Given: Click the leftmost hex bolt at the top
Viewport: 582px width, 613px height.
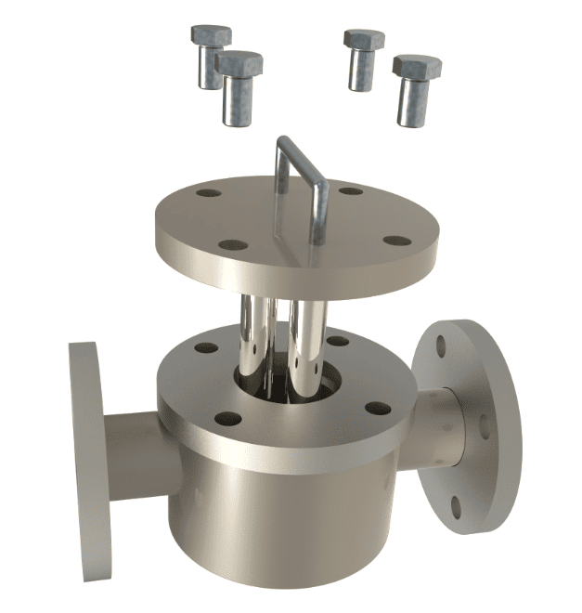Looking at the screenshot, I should coord(211,56).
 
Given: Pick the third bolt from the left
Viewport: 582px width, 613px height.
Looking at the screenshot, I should coord(363,59).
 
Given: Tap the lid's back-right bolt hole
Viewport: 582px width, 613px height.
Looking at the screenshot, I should coord(351,191).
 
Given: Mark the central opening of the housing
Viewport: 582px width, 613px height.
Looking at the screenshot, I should coord(278,381).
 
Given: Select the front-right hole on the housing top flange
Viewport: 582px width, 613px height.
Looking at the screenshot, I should coord(376,408).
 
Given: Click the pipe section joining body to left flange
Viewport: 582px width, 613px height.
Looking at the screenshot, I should coord(135,455).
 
